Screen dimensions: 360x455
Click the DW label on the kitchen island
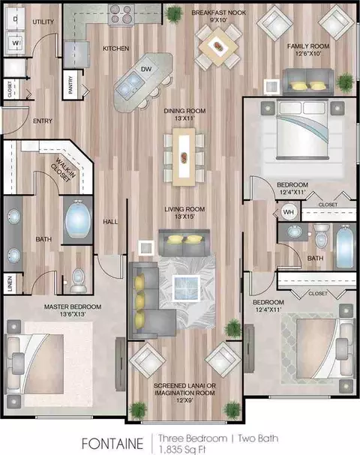point(146,69)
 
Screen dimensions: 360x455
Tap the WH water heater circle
point(288,212)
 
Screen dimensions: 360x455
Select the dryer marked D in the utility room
point(15,19)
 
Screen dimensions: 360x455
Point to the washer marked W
point(15,43)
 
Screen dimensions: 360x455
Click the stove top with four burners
point(121,14)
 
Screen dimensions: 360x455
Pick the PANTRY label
point(70,85)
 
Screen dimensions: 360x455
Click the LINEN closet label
point(10,283)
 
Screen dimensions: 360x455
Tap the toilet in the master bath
point(78,280)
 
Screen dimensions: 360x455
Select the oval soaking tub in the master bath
point(78,218)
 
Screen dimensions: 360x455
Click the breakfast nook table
point(218,46)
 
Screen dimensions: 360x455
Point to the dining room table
point(184,157)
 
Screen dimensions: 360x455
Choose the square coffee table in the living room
point(186,288)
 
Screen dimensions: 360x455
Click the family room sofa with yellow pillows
point(308,82)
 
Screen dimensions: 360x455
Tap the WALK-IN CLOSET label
point(64,170)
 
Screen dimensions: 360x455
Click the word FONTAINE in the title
point(112,444)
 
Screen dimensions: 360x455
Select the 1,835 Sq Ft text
point(182,450)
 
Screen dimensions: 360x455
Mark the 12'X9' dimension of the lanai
point(184,400)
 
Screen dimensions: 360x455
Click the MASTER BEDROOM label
point(73,307)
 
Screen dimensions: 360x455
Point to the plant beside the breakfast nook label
point(174,13)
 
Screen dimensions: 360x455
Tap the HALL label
point(110,222)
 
